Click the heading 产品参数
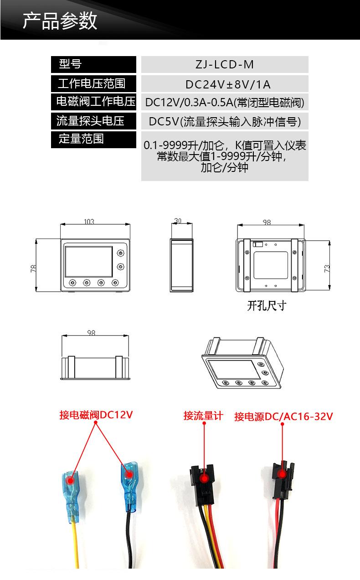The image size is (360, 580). [x=60, y=21]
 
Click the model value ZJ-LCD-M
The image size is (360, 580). [x=225, y=65]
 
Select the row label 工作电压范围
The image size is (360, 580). [x=92, y=83]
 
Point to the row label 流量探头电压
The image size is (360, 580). [x=90, y=121]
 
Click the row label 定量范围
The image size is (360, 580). [x=81, y=139]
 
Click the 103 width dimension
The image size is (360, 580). [x=89, y=222]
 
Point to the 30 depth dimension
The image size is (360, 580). [x=178, y=221]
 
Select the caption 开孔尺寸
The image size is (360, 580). [x=267, y=306]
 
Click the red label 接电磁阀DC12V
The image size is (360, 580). [x=96, y=415]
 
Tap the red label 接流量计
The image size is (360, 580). [x=203, y=416]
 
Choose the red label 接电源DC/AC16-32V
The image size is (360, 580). [x=283, y=416]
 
